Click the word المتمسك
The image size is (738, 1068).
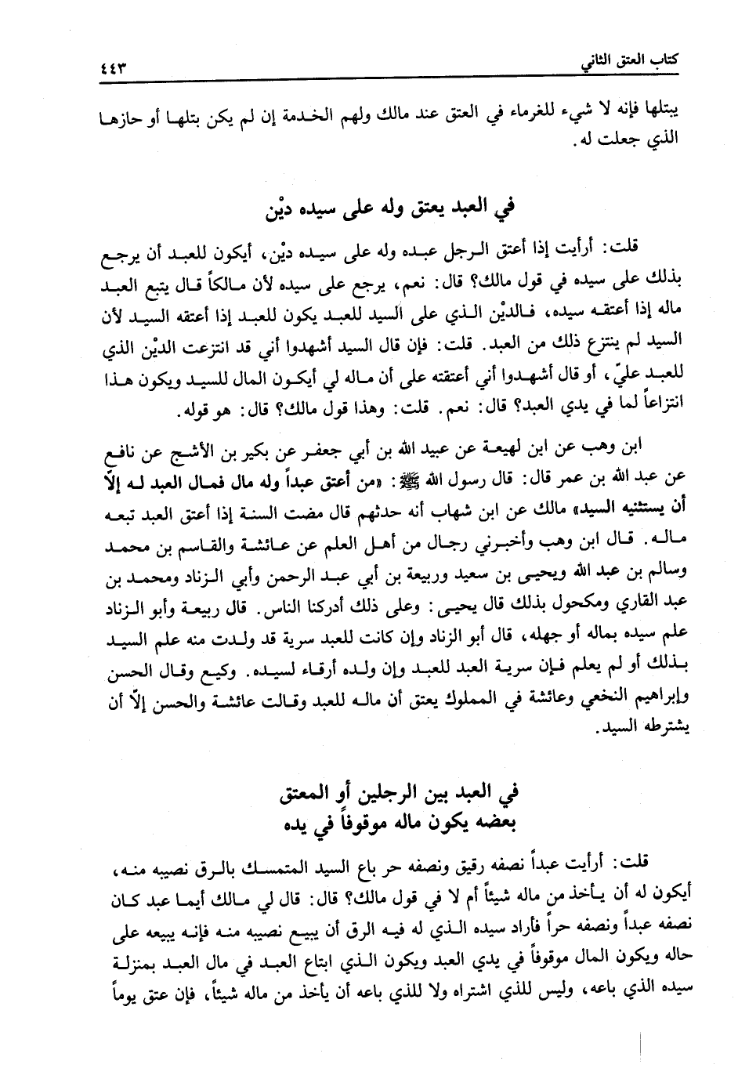tap(255, 867)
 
